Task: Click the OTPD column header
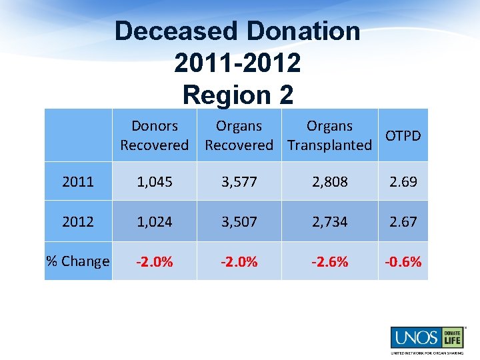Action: pos(403,135)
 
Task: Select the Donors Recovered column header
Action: pos(155,135)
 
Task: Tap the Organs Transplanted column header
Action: pos(329,135)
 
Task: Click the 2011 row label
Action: pos(78,181)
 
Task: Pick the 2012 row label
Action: pos(78,221)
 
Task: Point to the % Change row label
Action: pos(78,261)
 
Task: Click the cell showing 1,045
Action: pos(155,181)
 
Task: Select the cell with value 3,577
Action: pos(239,181)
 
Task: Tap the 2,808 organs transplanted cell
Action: pos(329,181)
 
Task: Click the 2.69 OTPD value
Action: pos(403,181)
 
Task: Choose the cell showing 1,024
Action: pos(155,221)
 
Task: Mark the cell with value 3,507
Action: pos(239,221)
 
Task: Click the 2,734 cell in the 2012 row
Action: pos(329,221)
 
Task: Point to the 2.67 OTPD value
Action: pos(403,221)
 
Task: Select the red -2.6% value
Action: pos(329,261)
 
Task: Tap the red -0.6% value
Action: pos(403,261)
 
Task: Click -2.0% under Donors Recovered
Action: pos(155,261)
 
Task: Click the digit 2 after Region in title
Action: pos(285,95)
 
